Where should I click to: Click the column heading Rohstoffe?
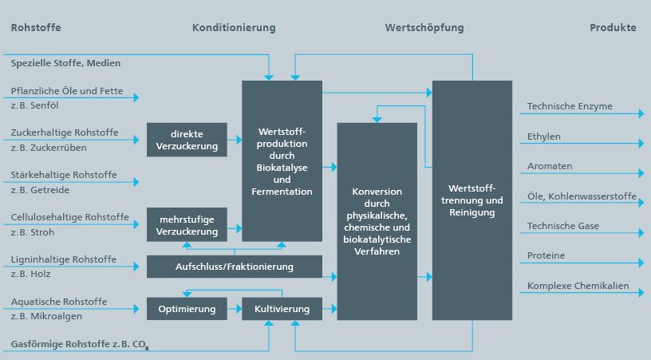coord(36,27)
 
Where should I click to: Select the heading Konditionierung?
coord(234,27)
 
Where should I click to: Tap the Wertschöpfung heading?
coord(424,27)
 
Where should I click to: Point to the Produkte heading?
coord(613,27)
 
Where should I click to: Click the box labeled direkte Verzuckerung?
coord(187,140)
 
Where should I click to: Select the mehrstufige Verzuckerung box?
coord(187,224)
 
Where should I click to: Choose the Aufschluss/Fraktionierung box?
coord(234,267)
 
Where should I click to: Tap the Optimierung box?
coord(187,309)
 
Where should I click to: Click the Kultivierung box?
coord(282,309)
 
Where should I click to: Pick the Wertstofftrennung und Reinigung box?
coord(471,200)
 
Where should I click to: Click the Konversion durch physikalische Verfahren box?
coord(377,221)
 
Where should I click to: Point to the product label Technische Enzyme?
coord(570,106)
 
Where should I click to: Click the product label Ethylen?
coord(544,136)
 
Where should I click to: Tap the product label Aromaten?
coord(550,166)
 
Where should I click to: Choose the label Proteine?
coord(546,255)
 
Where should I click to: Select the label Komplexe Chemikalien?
coord(578,286)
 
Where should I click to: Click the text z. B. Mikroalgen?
coord(47,317)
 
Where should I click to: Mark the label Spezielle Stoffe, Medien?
coord(65,63)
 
